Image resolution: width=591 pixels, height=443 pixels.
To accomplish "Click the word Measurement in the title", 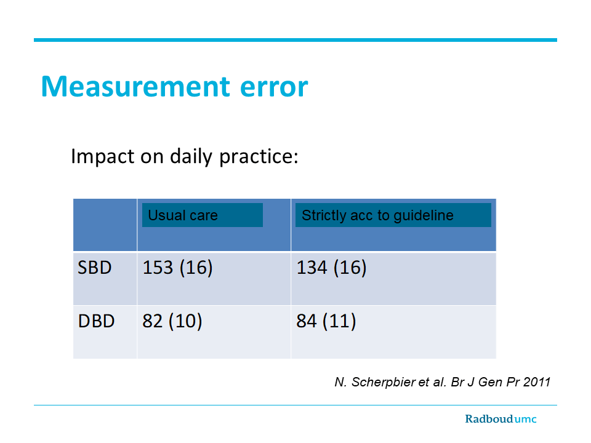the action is (x=135, y=86).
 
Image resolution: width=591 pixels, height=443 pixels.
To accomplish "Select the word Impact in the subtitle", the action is (x=103, y=156).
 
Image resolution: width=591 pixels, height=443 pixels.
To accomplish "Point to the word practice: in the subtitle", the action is (x=259, y=156).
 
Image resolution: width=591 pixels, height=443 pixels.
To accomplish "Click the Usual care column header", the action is (x=183, y=215).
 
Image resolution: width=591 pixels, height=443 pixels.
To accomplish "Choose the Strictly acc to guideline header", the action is (x=377, y=215).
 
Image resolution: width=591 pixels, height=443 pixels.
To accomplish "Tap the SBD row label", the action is (x=95, y=268).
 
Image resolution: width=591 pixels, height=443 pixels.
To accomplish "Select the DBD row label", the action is (x=96, y=321).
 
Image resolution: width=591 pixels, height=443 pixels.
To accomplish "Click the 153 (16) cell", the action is (x=177, y=268).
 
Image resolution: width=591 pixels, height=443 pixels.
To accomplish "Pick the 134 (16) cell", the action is (x=331, y=268).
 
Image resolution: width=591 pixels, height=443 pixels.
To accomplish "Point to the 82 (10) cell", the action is (x=172, y=321).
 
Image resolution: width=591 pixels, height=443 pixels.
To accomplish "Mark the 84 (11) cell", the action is (x=326, y=321).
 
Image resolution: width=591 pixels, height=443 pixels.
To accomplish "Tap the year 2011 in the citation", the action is (x=537, y=382).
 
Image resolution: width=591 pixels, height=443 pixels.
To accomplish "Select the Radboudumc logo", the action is (x=501, y=419).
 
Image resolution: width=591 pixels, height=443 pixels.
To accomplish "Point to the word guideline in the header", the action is (x=424, y=216).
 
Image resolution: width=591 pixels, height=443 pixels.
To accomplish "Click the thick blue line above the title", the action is (x=295, y=40).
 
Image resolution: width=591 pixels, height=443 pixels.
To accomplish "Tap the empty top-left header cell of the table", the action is (x=105, y=225).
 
